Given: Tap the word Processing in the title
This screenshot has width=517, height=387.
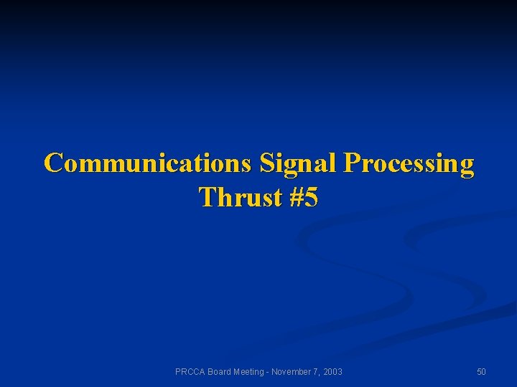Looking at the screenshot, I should (x=409, y=163).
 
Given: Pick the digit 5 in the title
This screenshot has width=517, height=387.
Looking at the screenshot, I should (x=310, y=197).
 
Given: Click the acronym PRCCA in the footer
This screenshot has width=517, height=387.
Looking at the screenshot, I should (x=190, y=372).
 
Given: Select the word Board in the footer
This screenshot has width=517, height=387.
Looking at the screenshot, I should (x=220, y=372).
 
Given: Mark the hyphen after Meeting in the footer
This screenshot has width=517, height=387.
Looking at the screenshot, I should (x=269, y=372).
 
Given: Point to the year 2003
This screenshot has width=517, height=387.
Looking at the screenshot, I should (x=332, y=372).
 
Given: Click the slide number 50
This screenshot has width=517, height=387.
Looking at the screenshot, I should (x=481, y=372).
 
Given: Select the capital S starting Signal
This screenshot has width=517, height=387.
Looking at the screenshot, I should (x=266, y=163).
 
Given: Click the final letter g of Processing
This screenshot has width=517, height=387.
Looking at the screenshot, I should (x=467, y=166).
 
